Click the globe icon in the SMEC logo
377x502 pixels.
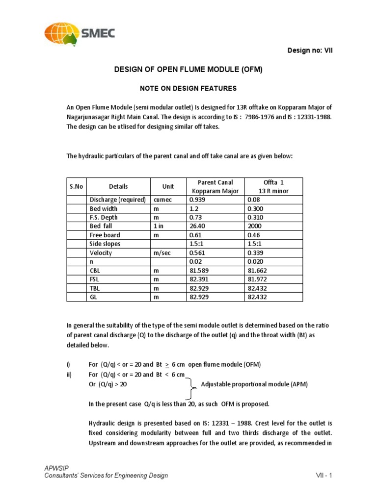[x=62, y=33]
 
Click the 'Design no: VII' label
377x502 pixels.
[x=310, y=50]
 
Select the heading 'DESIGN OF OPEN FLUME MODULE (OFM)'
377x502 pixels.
[x=188, y=70]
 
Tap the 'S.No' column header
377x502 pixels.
[x=77, y=186]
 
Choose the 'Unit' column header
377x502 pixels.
[x=168, y=186]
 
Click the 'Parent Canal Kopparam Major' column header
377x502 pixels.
[x=215, y=186]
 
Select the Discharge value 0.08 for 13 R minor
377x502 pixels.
[x=254, y=200]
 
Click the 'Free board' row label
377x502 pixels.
[x=104, y=235]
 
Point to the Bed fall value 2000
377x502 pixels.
[x=255, y=226]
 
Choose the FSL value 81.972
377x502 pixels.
[x=258, y=279]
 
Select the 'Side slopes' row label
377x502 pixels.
[x=105, y=244]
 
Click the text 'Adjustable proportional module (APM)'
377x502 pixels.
[x=254, y=384]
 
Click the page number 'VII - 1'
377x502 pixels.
[x=324, y=475]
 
